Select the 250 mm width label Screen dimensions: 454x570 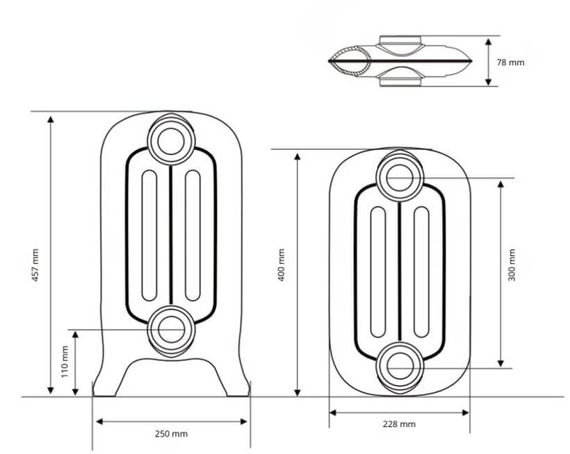tap(171, 434)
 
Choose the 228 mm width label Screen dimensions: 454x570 tap(399, 423)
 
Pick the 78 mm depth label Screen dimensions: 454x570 tap(510, 62)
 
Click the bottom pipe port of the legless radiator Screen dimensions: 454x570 tap(399, 366)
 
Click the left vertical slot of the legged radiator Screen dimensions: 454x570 tap(149, 235)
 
